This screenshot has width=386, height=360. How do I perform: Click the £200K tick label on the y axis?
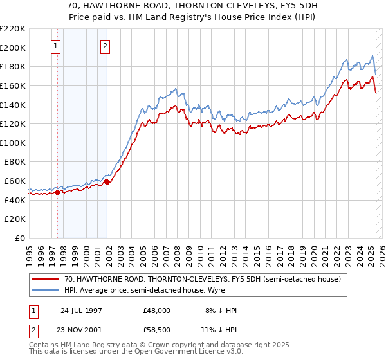pos(13,48)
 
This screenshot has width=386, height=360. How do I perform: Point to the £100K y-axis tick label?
pos(13,143)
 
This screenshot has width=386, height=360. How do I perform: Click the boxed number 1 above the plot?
pos(56,46)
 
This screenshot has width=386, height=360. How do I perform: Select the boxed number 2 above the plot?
pos(105,46)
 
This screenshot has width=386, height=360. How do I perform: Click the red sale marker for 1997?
pos(58,192)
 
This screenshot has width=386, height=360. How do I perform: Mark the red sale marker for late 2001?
pos(107,182)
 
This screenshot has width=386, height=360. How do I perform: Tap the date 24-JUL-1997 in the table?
pos(82,310)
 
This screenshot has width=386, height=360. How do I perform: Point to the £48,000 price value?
pos(157,310)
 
